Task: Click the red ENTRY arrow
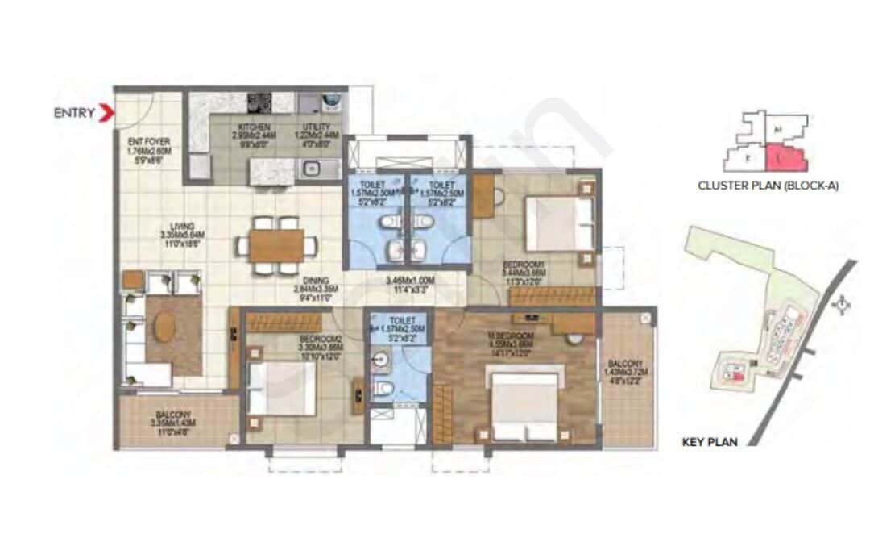[106, 113]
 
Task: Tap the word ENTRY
[74, 113]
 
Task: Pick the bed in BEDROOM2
[281, 388]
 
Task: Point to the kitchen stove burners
[259, 102]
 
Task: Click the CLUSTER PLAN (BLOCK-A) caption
[768, 186]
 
